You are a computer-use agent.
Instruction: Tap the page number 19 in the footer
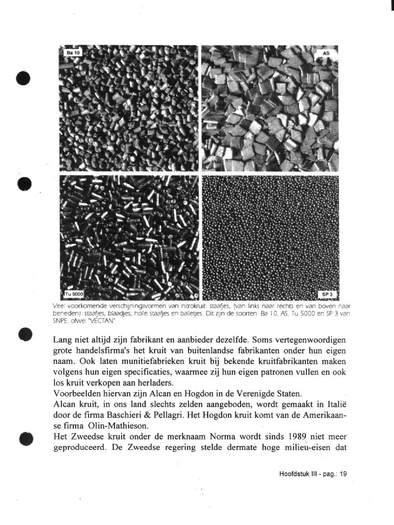coord(343,474)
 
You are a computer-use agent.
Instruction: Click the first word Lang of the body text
coord(63,340)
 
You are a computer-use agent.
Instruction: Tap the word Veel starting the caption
coord(59,306)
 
